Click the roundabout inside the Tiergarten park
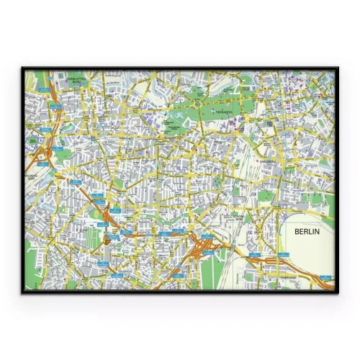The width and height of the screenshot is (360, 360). (x=196, y=105)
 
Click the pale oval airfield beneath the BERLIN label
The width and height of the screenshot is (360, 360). (x=306, y=248)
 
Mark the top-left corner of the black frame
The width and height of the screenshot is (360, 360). (x=22, y=69)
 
